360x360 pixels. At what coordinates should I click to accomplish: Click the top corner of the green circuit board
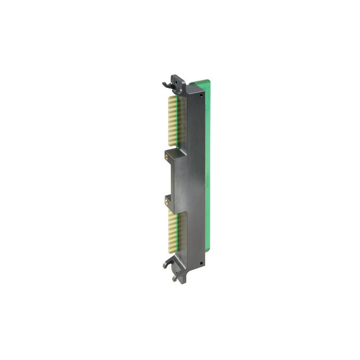(x=209, y=80)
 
